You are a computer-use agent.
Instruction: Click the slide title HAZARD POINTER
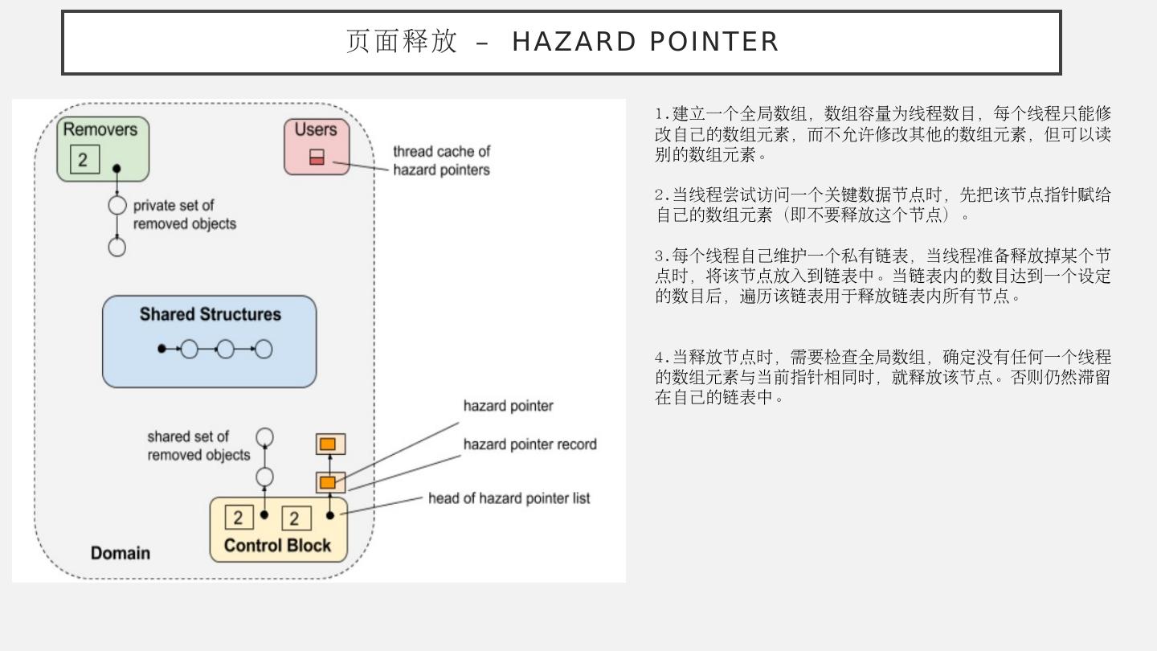click(x=562, y=42)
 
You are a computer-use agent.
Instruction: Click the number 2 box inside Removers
click(x=84, y=159)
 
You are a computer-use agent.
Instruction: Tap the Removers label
click(x=100, y=129)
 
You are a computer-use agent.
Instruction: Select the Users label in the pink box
click(x=316, y=129)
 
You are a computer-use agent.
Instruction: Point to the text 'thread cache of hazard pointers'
click(x=441, y=161)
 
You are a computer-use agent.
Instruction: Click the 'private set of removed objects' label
click(x=185, y=215)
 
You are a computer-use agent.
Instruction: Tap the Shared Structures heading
click(x=211, y=314)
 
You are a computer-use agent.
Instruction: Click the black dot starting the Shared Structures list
click(x=162, y=349)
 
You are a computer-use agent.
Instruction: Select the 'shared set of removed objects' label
click(x=198, y=446)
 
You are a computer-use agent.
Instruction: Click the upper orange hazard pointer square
click(x=328, y=444)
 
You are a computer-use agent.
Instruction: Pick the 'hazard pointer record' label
click(x=529, y=444)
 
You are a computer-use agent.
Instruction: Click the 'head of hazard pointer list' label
click(x=509, y=498)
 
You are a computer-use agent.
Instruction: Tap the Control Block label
click(x=277, y=546)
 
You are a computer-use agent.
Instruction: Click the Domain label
click(x=121, y=553)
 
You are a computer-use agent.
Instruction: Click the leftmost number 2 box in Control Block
click(x=239, y=518)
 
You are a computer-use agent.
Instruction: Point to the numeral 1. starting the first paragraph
click(x=661, y=113)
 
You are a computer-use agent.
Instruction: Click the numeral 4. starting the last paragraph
click(x=661, y=357)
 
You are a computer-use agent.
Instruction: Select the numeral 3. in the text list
click(x=661, y=256)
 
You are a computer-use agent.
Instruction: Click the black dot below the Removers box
click(x=117, y=169)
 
